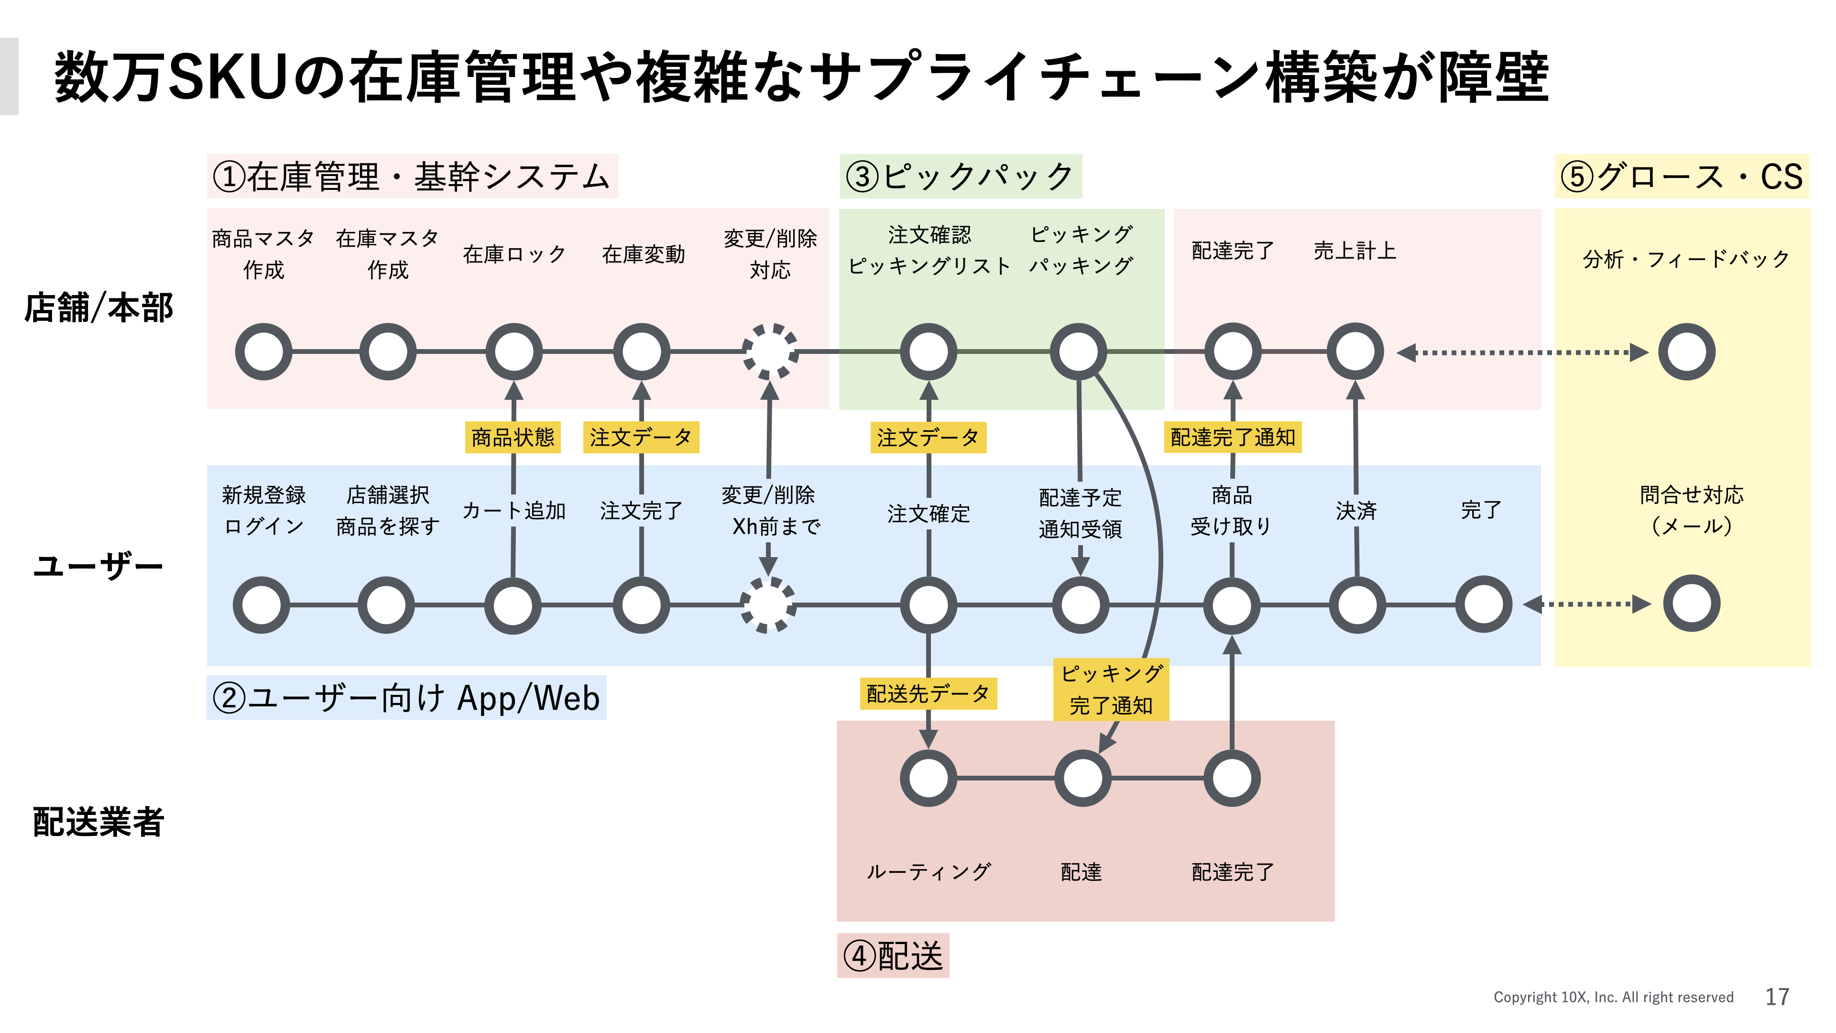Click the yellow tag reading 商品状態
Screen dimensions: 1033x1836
pos(513,437)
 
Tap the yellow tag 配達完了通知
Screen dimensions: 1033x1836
pos(1232,437)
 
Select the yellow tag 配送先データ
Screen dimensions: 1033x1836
pos(927,693)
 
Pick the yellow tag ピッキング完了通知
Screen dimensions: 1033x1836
pos(1110,689)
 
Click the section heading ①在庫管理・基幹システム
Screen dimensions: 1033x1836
pos(412,176)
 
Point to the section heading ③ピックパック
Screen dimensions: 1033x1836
pos(960,176)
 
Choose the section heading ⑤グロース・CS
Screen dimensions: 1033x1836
pos(1682,176)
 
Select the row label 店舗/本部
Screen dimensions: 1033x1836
pos(99,308)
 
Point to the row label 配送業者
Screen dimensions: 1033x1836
pos(99,821)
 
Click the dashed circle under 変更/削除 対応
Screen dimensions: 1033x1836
pos(770,352)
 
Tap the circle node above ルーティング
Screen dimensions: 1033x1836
pos(928,778)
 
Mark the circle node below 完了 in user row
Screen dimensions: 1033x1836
pos(1483,604)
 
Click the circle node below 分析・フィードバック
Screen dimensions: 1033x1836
pos(1686,352)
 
